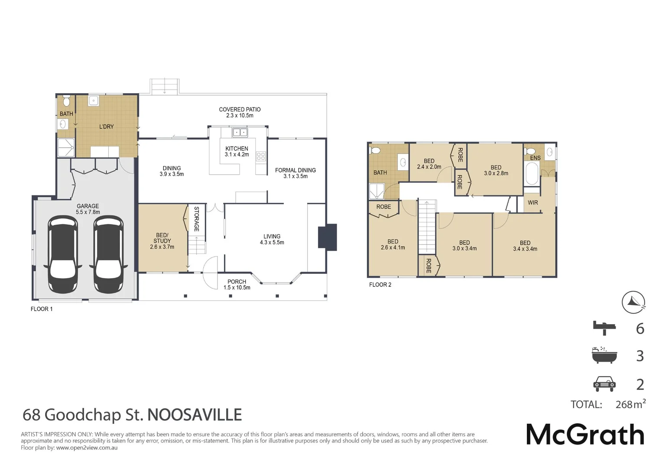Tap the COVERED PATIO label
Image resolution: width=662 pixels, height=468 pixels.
click(x=240, y=112)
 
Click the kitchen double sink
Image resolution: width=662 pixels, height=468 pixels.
click(x=240, y=132)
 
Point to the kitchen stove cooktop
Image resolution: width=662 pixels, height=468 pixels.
click(x=261, y=156)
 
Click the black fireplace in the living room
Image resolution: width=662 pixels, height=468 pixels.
click(x=328, y=237)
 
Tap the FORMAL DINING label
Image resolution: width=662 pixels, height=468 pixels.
click(x=295, y=173)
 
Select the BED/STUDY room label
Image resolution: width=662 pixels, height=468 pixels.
click(x=162, y=241)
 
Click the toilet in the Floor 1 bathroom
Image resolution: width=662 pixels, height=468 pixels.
click(x=66, y=101)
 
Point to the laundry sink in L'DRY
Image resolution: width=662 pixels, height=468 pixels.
click(x=94, y=101)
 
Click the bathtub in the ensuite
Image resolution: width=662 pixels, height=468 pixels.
click(x=532, y=175)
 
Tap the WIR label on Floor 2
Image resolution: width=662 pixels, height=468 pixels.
click(x=532, y=202)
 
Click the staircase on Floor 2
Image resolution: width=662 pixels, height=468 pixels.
click(x=427, y=227)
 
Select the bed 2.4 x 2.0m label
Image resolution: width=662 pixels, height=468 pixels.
click(x=429, y=164)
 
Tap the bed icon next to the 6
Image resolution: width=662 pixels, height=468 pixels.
click(x=604, y=328)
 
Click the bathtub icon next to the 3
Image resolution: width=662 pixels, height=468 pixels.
click(x=604, y=355)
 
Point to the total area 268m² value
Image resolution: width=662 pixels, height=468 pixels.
click(x=630, y=404)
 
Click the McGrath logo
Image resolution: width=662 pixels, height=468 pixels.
click(x=585, y=434)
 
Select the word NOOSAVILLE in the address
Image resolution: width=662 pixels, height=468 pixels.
click(x=195, y=415)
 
